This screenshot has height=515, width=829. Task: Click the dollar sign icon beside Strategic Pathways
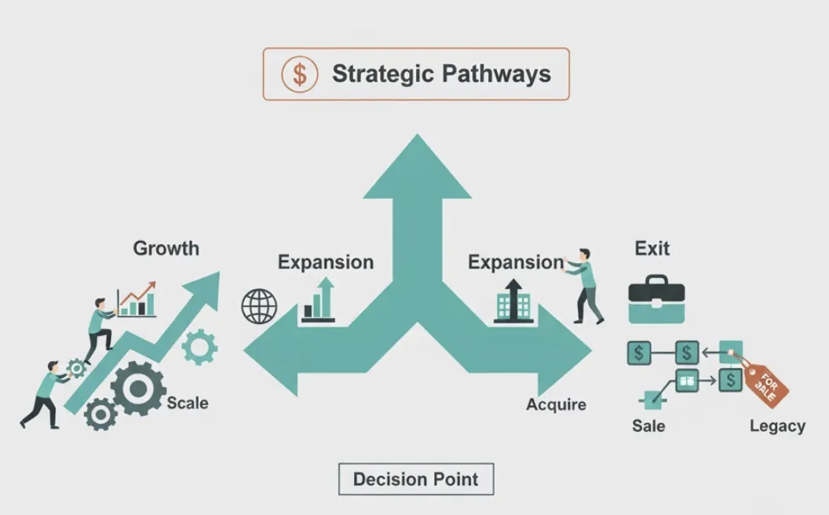[300, 75]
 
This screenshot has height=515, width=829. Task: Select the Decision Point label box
[416, 479]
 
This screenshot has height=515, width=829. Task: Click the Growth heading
[166, 249]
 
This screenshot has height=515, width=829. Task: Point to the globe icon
[259, 306]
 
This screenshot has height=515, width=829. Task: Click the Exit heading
[652, 249]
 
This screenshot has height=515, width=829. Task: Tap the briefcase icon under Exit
[656, 299]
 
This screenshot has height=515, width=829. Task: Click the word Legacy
[777, 426]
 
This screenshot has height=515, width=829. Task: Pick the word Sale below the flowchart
[648, 426]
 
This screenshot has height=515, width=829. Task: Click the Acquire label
[556, 405]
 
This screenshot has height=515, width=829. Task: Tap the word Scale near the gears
[188, 404]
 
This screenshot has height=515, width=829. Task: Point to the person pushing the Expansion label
[587, 286]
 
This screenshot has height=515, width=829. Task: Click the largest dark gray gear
[138, 388]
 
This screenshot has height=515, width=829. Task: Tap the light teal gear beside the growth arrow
[199, 346]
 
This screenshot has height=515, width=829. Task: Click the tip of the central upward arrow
[417, 139]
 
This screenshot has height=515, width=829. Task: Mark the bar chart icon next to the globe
[319, 302]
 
